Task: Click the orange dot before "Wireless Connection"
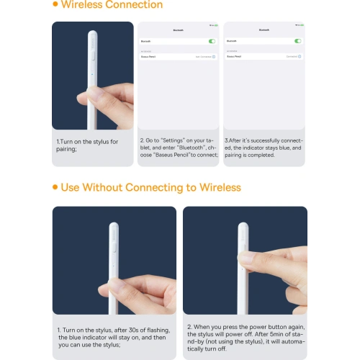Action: pyautogui.click(x=56, y=4)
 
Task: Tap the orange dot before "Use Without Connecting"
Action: pyautogui.click(x=55, y=188)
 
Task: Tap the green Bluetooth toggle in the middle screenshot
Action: pyautogui.click(x=212, y=41)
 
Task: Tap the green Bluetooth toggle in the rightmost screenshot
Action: pyautogui.click(x=297, y=41)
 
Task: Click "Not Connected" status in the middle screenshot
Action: pyautogui.click(x=204, y=56)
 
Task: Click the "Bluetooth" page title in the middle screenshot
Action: pyautogui.click(x=179, y=30)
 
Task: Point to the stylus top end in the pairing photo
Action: pyautogui.click(x=92, y=33)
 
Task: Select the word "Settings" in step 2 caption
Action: pyautogui.click(x=171, y=140)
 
